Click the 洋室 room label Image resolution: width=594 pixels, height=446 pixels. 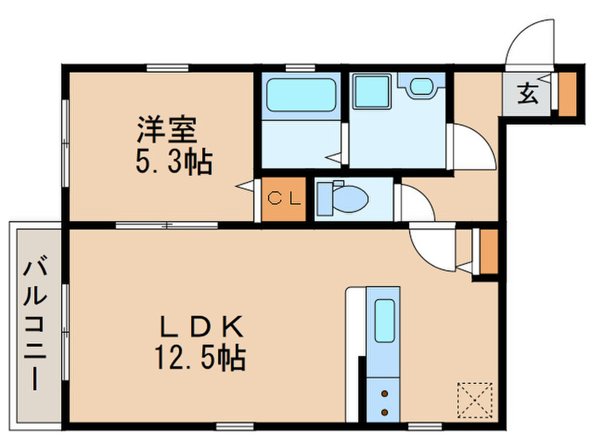point(167,132)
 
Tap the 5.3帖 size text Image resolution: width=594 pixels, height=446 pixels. point(173,161)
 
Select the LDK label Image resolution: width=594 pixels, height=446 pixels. point(203,326)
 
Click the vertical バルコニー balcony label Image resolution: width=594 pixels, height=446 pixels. point(35,324)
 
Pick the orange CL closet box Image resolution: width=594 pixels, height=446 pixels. point(283,200)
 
